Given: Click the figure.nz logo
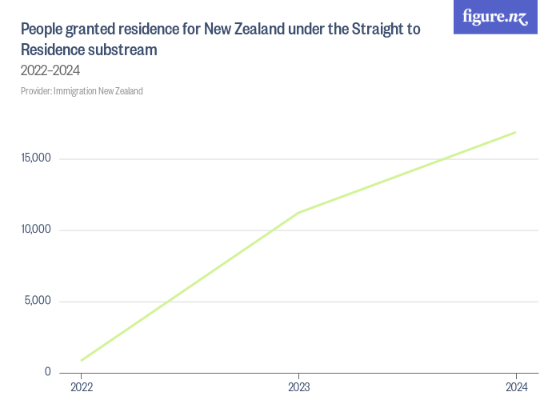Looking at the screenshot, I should pos(495,18).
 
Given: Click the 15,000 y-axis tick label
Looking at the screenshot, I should pos(36,158).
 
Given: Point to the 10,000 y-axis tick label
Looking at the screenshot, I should pos(36,230).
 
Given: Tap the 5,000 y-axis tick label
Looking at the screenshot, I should pos(38,302).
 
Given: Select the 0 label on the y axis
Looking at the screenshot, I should pos(48,372).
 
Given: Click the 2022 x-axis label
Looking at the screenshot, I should pos(82,388).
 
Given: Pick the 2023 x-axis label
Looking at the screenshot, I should pos(298,388).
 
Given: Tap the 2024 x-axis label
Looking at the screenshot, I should pos(516,388).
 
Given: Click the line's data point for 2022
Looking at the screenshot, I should pos(82,360).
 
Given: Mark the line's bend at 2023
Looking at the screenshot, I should pos(298,212).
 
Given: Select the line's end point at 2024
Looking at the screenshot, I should pos(515,132).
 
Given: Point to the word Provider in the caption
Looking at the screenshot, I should pos(35,91).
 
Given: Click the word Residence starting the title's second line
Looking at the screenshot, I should pos(53,50).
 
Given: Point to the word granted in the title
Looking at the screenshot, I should pos(88,30).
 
